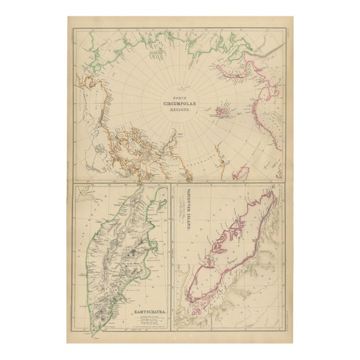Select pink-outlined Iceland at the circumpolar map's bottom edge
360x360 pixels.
pos(241,172)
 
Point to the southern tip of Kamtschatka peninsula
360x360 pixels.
pos(93,335)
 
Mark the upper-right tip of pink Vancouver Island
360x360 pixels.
pos(272,194)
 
